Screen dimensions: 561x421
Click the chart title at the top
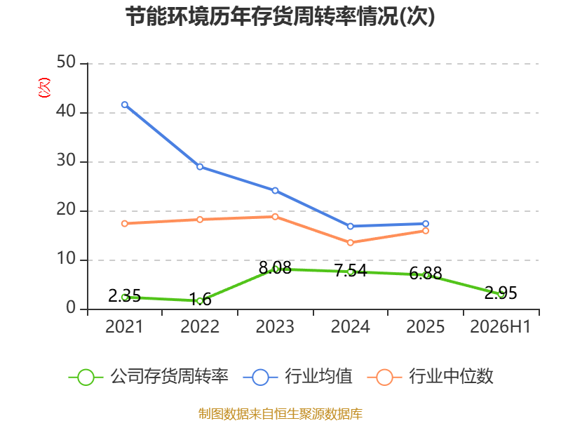[280, 16]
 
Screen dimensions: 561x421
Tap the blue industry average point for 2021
[125, 105]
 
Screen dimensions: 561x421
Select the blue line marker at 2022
[200, 167]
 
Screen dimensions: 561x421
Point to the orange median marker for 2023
[275, 217]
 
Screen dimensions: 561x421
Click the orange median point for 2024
[350, 243]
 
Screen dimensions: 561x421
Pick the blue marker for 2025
[426, 224]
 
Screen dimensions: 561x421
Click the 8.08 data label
[275, 268]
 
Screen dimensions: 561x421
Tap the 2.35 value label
[124, 295]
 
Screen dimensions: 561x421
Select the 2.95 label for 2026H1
[501, 293]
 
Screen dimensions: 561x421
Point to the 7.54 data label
[351, 270]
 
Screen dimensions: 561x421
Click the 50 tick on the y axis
[66, 62]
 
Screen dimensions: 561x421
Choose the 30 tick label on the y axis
[66, 161]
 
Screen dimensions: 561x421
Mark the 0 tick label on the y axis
[71, 308]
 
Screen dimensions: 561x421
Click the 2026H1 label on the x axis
[500, 326]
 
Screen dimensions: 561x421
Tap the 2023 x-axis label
[275, 326]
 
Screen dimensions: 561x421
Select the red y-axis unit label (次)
[44, 88]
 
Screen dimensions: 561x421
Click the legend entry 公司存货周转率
[149, 377]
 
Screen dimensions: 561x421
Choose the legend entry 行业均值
[297, 377]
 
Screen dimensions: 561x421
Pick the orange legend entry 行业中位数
[431, 377]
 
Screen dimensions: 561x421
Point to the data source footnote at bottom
[280, 414]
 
